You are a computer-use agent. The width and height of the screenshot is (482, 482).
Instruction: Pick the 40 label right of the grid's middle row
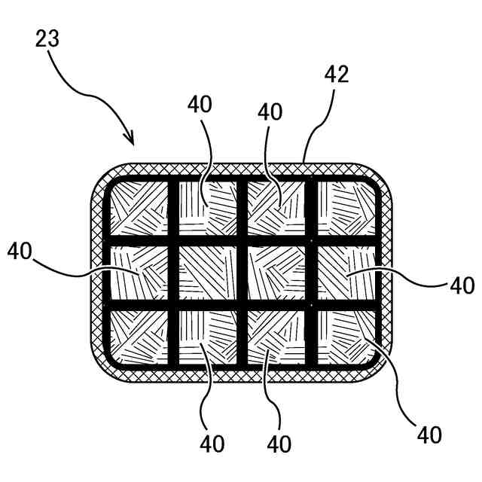click(461, 285)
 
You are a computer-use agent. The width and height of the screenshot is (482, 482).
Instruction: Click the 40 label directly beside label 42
click(270, 111)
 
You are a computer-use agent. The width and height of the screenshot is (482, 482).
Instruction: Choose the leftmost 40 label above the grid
click(200, 105)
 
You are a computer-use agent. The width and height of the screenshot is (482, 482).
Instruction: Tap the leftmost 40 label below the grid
click(213, 444)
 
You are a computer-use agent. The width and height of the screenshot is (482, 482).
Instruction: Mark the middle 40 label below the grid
click(279, 444)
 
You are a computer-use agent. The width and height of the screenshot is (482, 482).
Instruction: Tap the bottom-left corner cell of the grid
click(139, 337)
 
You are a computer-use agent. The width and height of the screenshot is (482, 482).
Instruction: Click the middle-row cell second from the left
click(207, 273)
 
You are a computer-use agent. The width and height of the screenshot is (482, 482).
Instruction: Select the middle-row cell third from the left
click(276, 273)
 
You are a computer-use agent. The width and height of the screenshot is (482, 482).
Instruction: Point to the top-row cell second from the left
click(207, 209)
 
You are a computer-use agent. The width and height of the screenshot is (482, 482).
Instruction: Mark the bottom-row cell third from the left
click(276, 337)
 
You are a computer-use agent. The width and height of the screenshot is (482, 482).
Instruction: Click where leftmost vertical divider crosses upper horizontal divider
click(172, 241)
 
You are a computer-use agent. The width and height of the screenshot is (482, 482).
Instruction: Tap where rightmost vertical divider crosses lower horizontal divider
click(310, 305)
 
